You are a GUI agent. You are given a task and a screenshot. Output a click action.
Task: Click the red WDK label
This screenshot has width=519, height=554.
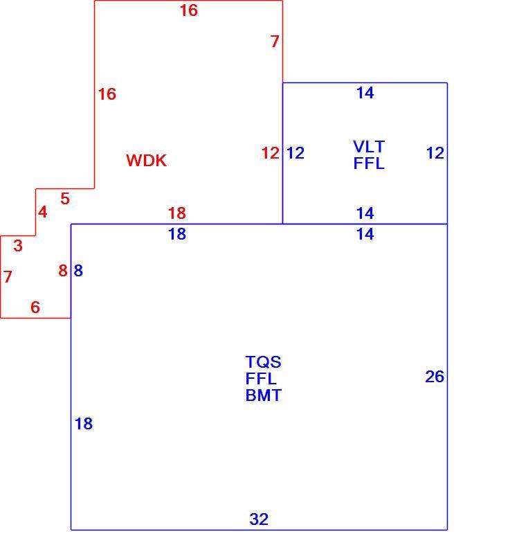(146, 161)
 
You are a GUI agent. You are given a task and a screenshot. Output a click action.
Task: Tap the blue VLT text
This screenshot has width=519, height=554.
(369, 146)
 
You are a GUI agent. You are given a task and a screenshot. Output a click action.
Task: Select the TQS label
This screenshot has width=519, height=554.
(264, 361)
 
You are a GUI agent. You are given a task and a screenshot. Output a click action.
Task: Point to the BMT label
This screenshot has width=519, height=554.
(264, 395)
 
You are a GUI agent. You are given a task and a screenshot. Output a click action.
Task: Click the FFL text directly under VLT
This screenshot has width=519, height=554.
(369, 163)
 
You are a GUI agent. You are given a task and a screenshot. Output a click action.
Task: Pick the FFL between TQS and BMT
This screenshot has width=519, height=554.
(261, 378)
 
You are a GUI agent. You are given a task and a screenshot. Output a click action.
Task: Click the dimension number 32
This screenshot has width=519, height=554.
(259, 519)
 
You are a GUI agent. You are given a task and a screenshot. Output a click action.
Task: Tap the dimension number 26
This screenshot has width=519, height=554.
(435, 377)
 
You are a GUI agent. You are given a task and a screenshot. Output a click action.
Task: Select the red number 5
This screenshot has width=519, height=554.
(65, 199)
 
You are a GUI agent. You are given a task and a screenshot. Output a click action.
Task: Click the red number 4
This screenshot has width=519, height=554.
(43, 212)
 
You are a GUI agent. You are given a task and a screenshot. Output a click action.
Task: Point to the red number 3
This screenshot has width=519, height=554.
(18, 246)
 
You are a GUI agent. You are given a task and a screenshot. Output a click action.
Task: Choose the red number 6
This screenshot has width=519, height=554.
(35, 307)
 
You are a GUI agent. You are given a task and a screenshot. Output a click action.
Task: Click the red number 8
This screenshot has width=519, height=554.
(63, 271)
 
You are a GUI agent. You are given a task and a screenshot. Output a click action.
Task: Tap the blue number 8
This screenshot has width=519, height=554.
(78, 271)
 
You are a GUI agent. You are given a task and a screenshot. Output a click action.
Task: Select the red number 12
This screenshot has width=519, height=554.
(271, 153)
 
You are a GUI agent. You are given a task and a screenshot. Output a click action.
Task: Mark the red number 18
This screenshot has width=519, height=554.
(177, 213)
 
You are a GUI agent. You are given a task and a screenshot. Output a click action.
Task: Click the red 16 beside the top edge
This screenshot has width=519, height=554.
(189, 10)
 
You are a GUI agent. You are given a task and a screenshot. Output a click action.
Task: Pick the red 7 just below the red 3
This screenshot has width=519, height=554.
(8, 276)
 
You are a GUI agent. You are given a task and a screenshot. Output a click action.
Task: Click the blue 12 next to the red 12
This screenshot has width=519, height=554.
(295, 153)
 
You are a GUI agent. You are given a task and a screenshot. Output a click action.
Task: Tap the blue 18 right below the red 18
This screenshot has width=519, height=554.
(177, 234)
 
